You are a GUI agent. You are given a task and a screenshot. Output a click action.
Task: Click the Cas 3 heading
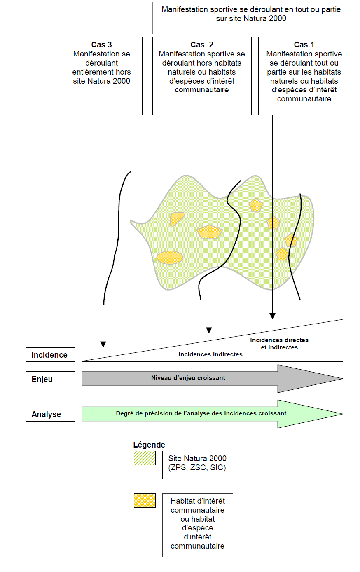101,45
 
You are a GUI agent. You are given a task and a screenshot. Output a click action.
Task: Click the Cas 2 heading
202,45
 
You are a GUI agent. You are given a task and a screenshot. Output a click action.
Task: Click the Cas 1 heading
304,45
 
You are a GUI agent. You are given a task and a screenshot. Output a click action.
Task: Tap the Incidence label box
50,355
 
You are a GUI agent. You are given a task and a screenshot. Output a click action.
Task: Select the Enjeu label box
50,379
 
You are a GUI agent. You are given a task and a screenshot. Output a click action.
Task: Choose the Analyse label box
50,414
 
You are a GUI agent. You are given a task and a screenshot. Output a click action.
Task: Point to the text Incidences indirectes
210,354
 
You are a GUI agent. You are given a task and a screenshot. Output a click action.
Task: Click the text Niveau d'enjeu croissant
188,378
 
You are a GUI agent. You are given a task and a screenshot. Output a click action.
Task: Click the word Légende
149,445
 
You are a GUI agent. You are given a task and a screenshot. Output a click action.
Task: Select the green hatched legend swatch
145,458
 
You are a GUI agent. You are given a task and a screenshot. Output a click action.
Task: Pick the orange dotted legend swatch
145,500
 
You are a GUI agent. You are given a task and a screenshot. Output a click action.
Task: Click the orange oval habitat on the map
170,257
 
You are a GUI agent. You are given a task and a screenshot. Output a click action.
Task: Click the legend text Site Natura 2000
197,458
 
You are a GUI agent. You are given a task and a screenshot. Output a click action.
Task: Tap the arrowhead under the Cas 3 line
103,345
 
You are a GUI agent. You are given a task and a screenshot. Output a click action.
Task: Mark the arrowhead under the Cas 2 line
209,330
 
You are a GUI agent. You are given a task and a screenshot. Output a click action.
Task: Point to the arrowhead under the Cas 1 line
272,316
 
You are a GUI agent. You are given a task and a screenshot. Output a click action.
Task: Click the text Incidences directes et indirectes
279,344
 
